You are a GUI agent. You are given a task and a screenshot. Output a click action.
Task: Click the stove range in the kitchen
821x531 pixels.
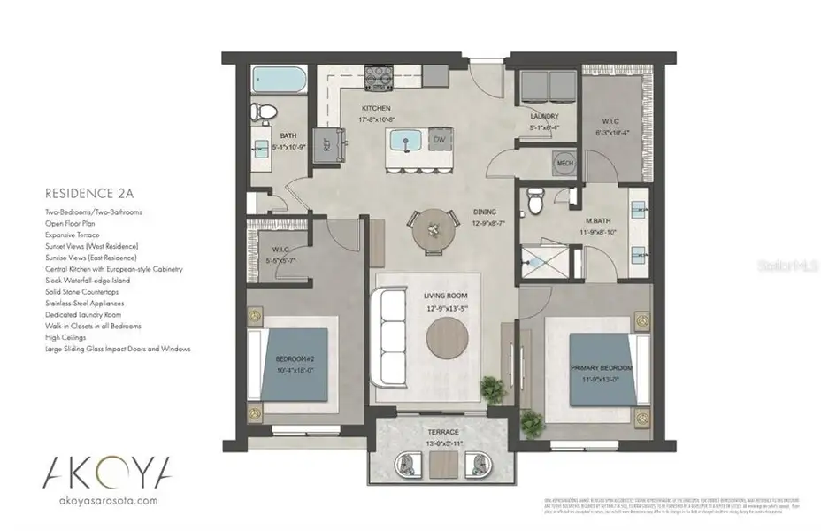click(x=381, y=77)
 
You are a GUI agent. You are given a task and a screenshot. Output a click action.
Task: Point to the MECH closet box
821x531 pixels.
click(x=564, y=164)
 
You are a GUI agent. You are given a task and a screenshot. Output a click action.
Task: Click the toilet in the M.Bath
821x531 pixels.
click(x=533, y=202)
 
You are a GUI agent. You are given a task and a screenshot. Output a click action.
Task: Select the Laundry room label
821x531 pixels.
click(x=543, y=116)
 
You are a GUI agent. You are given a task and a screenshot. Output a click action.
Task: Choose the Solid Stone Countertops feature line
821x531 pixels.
click(x=81, y=291)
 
